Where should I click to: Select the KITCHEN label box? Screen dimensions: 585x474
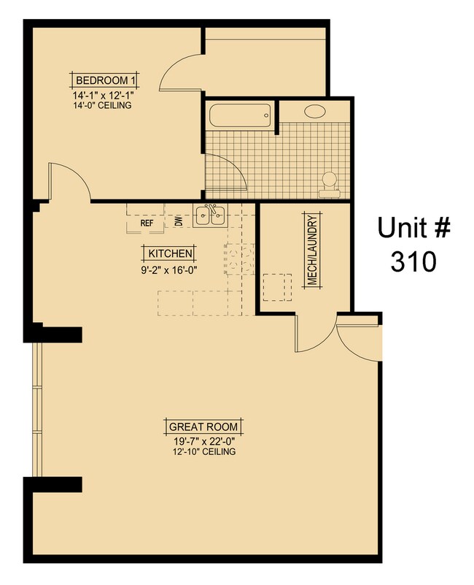pos(171,253)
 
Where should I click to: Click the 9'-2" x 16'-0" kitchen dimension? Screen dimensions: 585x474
pos(171,269)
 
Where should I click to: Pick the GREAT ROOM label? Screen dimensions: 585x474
pos(203,427)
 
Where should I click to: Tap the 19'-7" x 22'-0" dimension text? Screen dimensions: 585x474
pos(203,441)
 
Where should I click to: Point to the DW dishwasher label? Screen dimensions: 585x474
pos(179,221)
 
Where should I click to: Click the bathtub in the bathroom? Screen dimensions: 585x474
pos(239,115)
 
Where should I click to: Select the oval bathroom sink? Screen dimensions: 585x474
pos(315,112)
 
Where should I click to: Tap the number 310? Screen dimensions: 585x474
pos(413,261)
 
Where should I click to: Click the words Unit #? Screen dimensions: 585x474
pos(413,228)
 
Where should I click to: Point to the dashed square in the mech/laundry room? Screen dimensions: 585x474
pos(277,286)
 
